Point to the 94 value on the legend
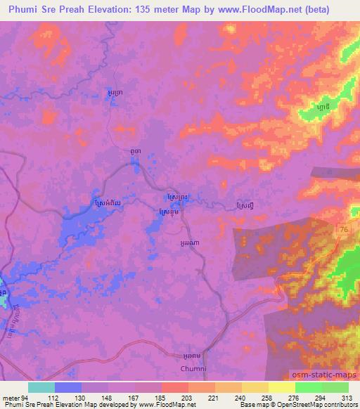click(25, 397)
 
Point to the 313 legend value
click(347, 397)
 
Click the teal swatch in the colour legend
click(41, 387)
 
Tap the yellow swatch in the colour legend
click(281, 387)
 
